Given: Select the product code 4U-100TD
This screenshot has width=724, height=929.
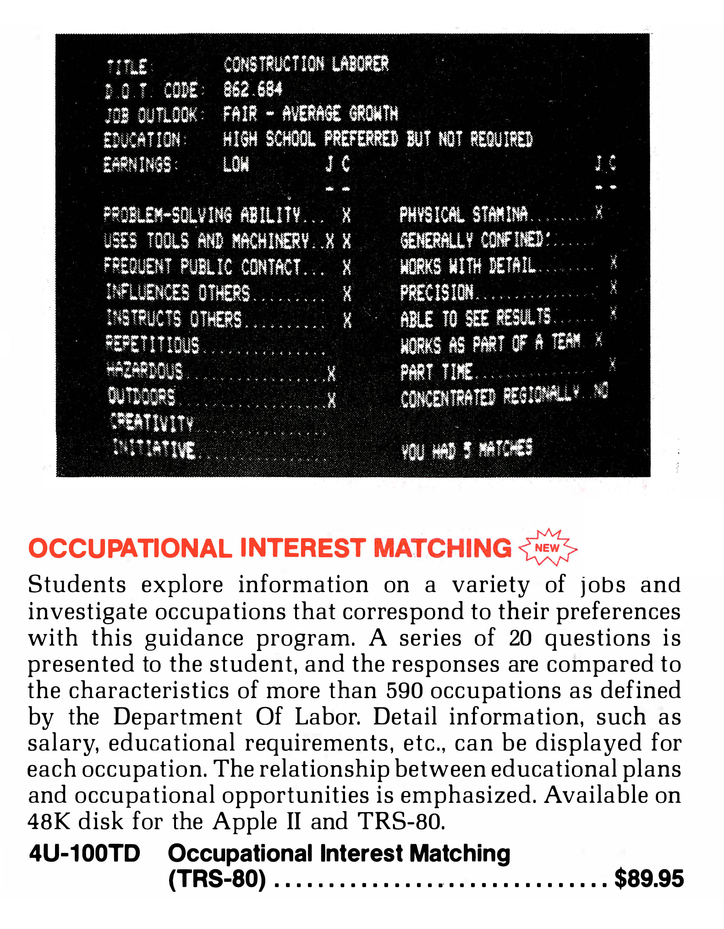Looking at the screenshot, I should point(85,853).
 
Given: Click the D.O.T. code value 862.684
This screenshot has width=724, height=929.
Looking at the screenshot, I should point(253,89).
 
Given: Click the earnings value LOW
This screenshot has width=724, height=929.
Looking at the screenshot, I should point(236,164).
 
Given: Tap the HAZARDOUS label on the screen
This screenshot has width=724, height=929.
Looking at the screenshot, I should point(145,371).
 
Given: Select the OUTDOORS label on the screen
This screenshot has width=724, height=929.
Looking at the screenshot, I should point(142,396).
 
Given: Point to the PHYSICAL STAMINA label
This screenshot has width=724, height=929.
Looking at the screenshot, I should point(463,214).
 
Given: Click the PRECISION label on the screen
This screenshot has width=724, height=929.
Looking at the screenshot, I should point(436,293).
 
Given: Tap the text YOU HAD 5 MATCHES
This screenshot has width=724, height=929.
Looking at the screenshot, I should point(466,450).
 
